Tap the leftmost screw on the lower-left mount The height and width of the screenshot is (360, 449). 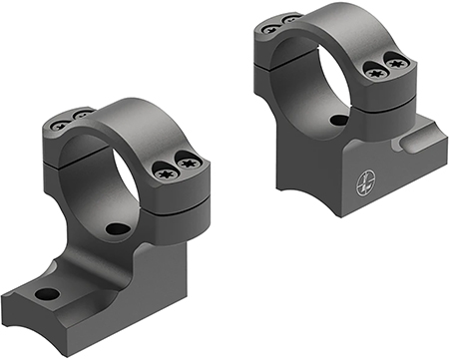tap(59, 125)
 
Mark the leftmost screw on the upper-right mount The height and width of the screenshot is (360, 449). tap(267, 29)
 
